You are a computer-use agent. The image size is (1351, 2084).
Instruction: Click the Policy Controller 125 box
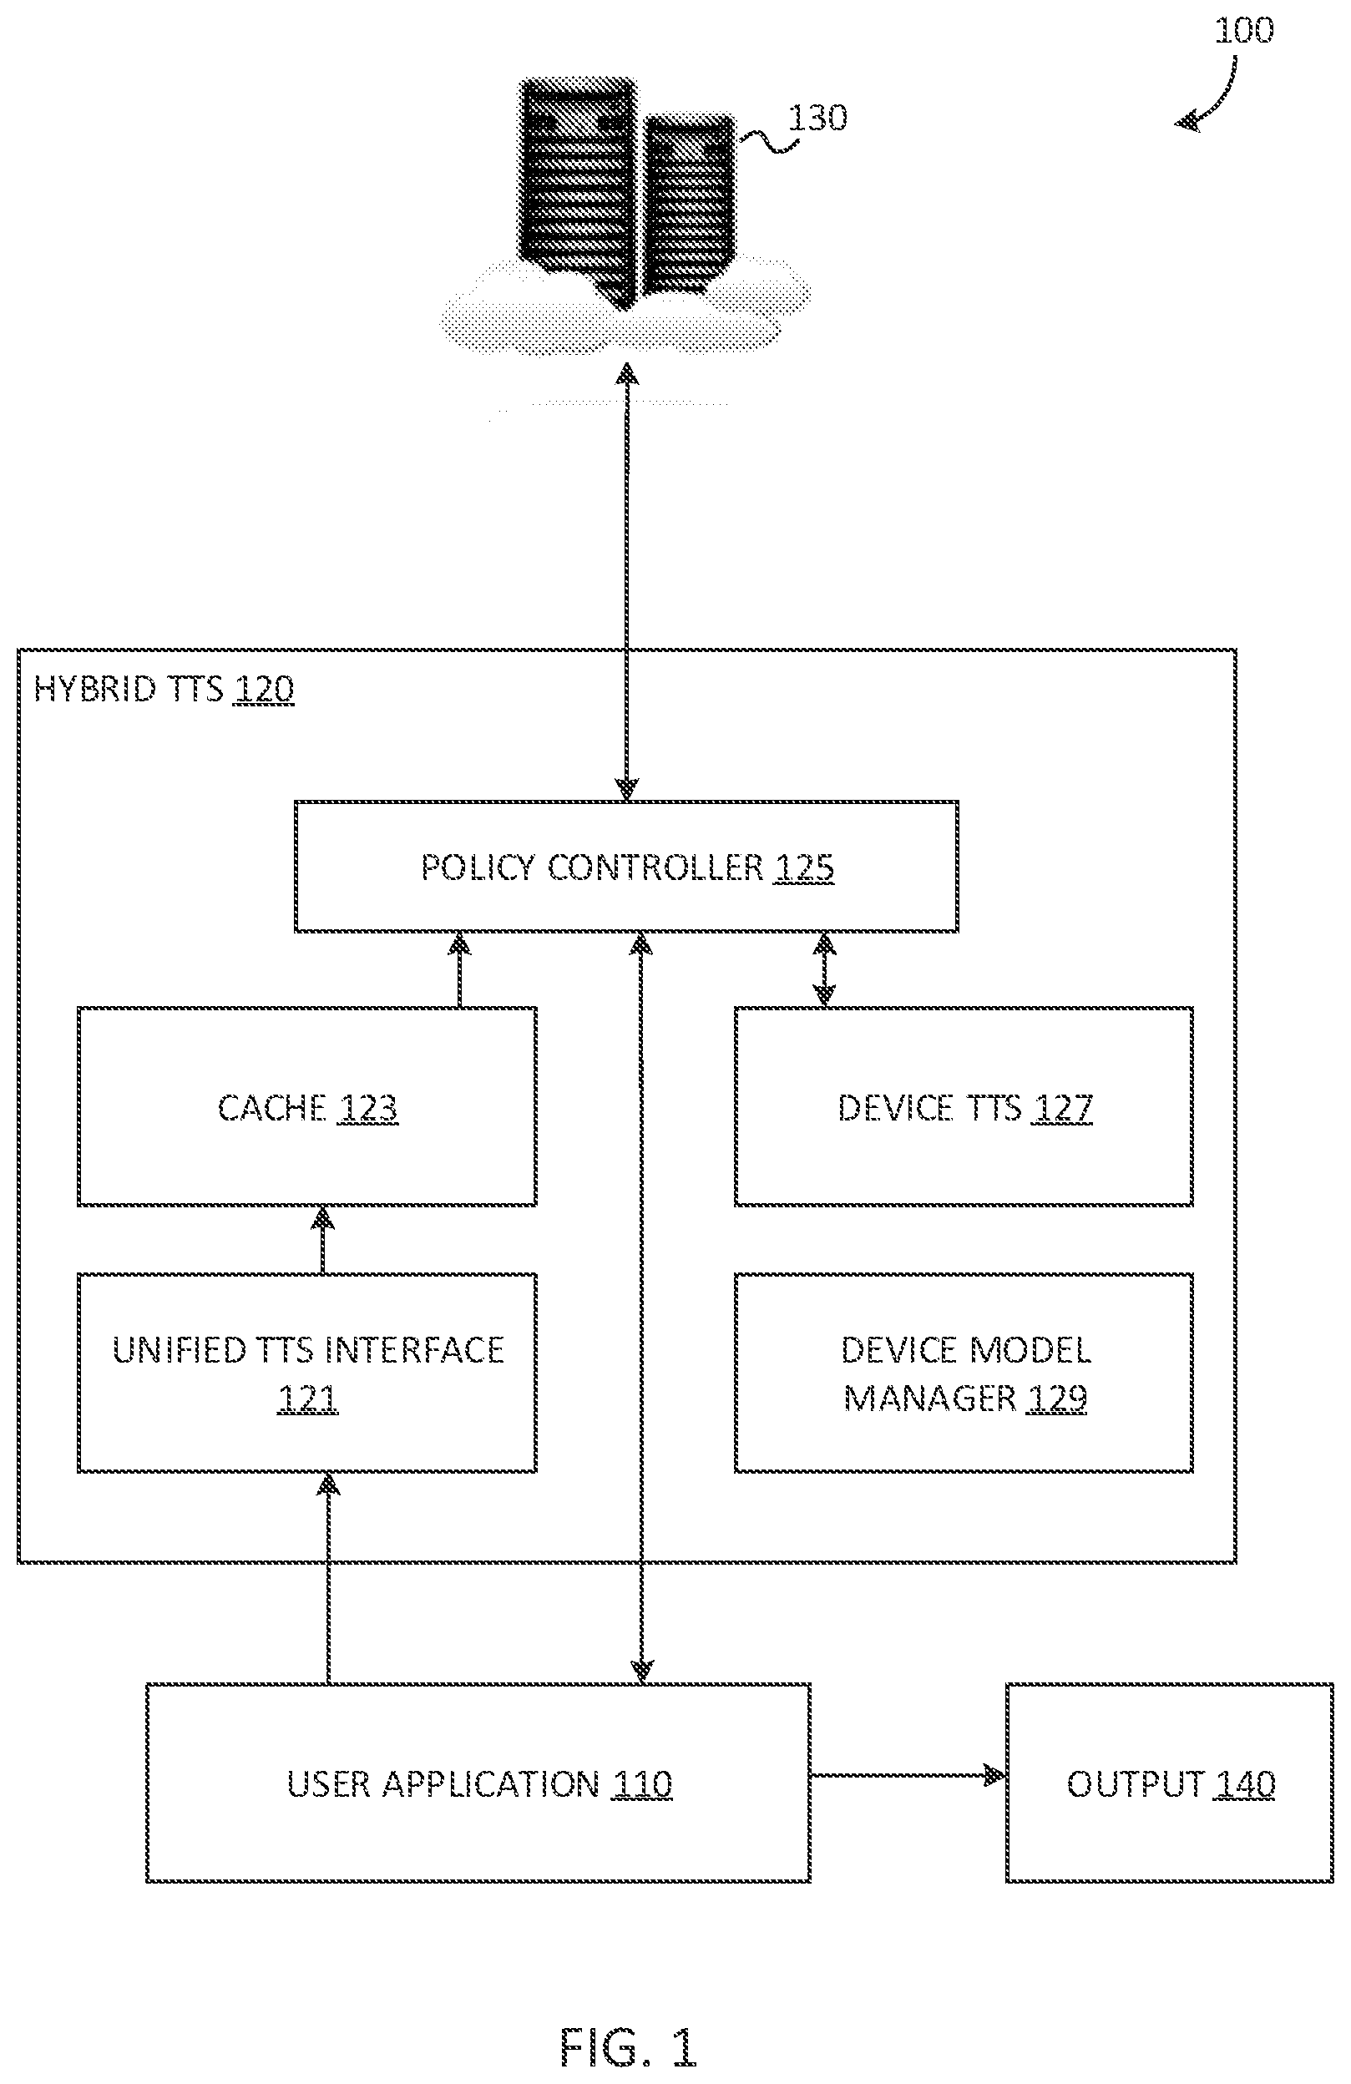(x=626, y=866)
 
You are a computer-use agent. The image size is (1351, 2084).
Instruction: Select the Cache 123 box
(x=306, y=1107)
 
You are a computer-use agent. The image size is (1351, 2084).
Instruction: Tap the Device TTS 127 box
(x=963, y=1107)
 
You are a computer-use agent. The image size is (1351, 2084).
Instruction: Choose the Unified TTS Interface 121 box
(x=306, y=1373)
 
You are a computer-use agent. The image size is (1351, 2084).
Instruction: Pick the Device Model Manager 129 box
(x=963, y=1373)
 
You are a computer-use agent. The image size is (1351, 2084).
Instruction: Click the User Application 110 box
(x=478, y=1783)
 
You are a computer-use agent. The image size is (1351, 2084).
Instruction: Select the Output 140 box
(x=1170, y=1783)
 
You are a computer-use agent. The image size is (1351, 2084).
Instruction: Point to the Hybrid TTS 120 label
(x=164, y=689)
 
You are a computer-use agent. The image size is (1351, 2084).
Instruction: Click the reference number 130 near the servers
(x=817, y=118)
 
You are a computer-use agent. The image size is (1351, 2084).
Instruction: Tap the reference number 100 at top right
(x=1243, y=31)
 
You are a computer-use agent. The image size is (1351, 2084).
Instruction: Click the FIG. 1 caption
(x=628, y=2046)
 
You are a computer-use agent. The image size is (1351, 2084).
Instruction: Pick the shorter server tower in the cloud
(x=688, y=203)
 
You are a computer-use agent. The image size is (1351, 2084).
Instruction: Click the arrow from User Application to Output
(x=908, y=1776)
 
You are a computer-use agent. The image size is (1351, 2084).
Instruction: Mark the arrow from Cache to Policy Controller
(x=460, y=969)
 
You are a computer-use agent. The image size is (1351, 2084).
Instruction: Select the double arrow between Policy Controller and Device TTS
(x=824, y=969)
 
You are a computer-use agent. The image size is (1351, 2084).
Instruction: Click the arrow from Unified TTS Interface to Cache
(x=323, y=1240)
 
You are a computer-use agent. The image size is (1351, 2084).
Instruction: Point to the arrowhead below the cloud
(x=627, y=374)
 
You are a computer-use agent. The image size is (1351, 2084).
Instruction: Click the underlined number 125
(x=804, y=867)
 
